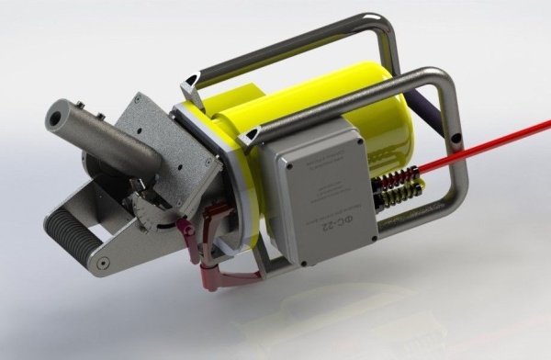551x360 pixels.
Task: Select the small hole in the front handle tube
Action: [455, 142]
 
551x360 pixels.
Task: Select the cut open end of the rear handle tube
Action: [188, 77]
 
